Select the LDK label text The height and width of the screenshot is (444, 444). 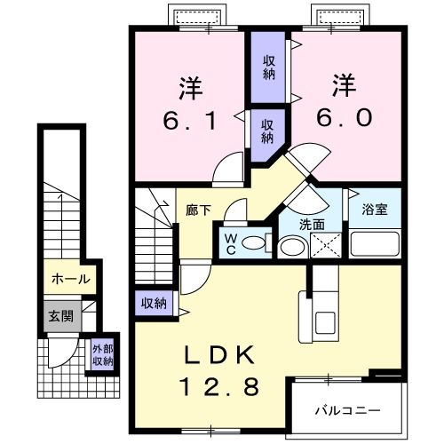(x=220, y=356)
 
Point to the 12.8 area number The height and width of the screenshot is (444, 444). (x=220, y=386)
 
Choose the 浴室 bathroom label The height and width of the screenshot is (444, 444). (x=374, y=210)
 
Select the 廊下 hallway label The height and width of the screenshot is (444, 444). (x=197, y=211)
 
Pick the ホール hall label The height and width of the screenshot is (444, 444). (x=69, y=279)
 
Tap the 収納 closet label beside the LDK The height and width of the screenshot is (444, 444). (x=154, y=303)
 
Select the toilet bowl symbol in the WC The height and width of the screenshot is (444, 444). (x=254, y=242)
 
